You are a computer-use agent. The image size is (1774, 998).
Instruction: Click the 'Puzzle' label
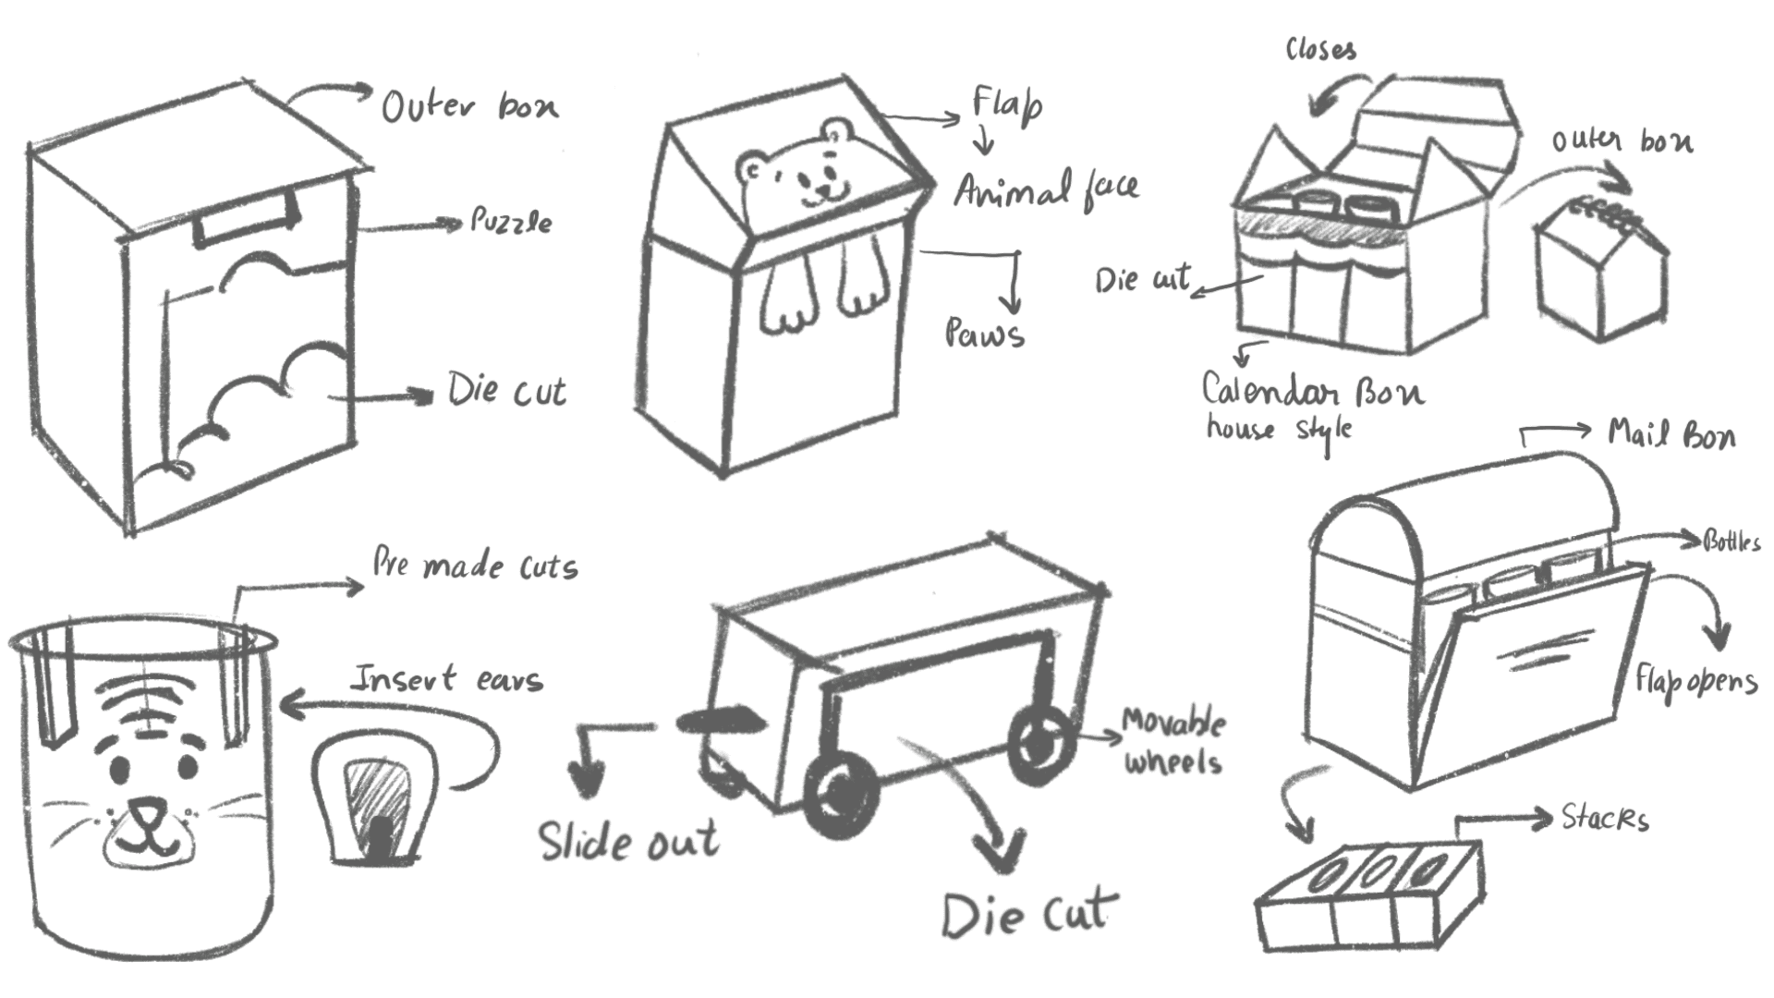tap(511, 222)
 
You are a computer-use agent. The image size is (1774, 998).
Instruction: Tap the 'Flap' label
tap(1006, 104)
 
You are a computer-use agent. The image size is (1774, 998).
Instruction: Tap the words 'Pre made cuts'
tap(474, 566)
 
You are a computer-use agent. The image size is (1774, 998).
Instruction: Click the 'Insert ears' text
tap(448, 680)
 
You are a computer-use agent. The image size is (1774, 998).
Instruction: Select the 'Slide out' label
tap(628, 841)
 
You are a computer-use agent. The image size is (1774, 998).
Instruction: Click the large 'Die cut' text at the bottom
tap(1026, 915)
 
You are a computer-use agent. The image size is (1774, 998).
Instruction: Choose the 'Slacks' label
tap(1604, 819)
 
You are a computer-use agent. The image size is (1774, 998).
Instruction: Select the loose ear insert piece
tap(373, 799)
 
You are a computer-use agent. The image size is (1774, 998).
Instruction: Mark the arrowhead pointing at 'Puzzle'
tap(452, 224)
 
